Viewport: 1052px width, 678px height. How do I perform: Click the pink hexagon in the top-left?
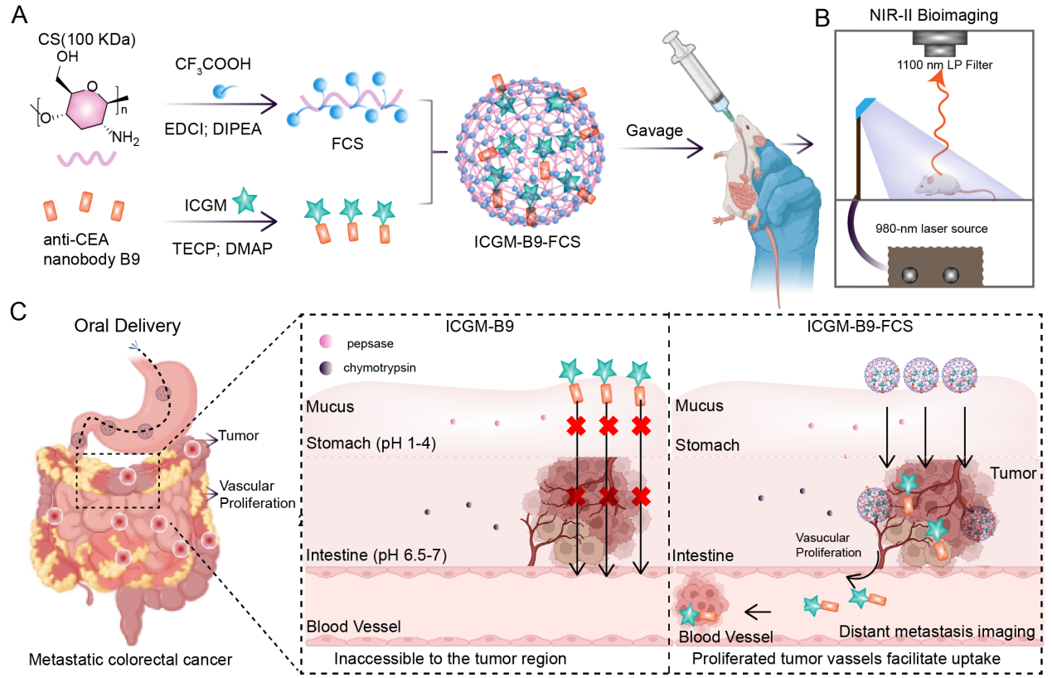pos(87,109)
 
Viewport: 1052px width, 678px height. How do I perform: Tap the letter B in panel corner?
pos(822,18)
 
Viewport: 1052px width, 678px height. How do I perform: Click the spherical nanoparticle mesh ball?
pos(531,149)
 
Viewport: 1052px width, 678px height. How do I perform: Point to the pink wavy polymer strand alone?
pos(86,157)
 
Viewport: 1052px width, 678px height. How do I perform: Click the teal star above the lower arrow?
pos(245,201)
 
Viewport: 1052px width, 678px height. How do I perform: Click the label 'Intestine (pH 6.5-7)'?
pos(376,555)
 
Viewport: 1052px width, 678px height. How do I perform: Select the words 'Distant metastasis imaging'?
pos(937,632)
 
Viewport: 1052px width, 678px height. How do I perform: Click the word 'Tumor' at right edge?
pos(1013,473)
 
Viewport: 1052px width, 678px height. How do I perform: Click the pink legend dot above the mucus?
pos(327,341)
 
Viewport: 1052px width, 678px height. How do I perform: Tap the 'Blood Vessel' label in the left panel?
pos(354,627)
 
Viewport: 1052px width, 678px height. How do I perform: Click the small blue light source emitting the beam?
pos(865,106)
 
